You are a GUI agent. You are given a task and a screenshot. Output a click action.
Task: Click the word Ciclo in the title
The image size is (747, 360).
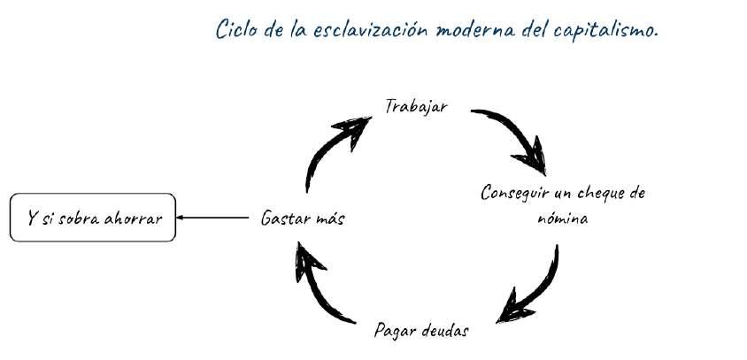click(x=234, y=29)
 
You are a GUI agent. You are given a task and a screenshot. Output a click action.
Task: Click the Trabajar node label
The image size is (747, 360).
click(x=416, y=106)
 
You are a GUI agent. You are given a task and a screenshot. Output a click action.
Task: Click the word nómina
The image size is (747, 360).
click(x=563, y=217)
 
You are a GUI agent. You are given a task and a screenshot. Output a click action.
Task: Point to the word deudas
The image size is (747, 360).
click(x=443, y=332)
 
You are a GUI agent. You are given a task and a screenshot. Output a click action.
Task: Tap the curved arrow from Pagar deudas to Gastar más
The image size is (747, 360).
click(x=323, y=287)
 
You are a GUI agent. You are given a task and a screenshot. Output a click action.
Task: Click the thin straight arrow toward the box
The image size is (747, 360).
click(x=212, y=218)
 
